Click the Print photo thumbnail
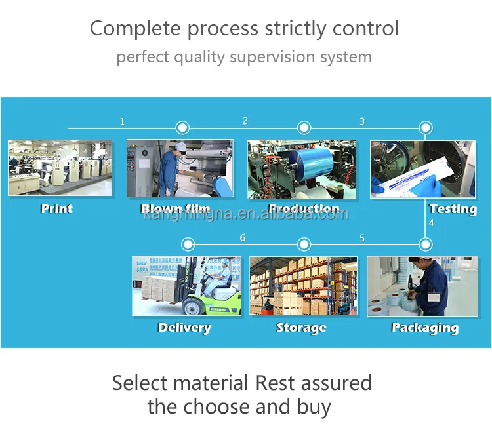(60, 168)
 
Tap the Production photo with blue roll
(302, 169)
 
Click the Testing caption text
(453, 209)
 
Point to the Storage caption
(301, 328)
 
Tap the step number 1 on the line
(122, 121)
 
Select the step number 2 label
(245, 121)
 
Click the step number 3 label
(362, 121)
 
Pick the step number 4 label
(431, 224)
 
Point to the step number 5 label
(362, 238)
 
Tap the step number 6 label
(243, 238)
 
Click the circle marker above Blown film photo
(182, 128)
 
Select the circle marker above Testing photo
(426, 128)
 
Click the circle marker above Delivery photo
(188, 245)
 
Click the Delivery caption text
(184, 328)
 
